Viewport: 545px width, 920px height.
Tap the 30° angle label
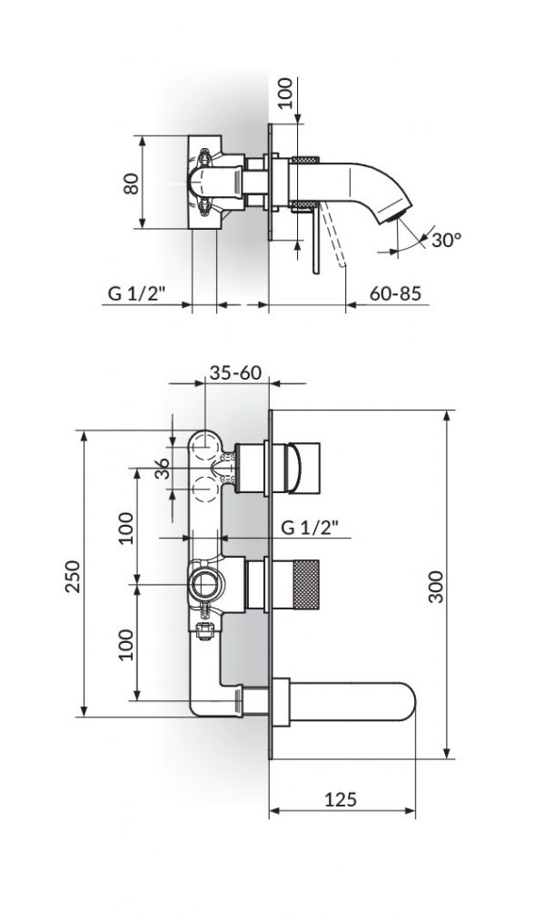pyautogui.click(x=446, y=240)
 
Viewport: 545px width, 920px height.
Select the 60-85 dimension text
pyautogui.click(x=395, y=293)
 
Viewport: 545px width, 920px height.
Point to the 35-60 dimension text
pyautogui.click(x=235, y=371)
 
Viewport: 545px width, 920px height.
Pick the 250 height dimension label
pyautogui.click(x=74, y=574)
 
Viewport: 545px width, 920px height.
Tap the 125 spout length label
pyautogui.click(x=340, y=799)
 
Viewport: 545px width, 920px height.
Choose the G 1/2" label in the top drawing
pyautogui.click(x=135, y=293)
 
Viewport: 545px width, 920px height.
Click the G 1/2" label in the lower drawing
pyautogui.click(x=309, y=526)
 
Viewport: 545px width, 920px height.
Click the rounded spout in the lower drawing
pyautogui.click(x=345, y=703)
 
